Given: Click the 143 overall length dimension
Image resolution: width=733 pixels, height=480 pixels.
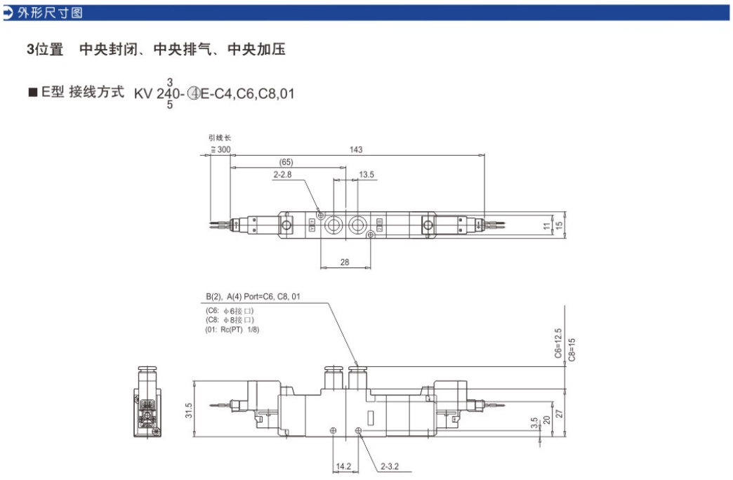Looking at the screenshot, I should [x=357, y=149].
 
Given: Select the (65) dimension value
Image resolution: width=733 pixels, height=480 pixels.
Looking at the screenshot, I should [x=286, y=161].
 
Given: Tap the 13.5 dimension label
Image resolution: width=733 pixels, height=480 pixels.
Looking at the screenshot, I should [x=366, y=173].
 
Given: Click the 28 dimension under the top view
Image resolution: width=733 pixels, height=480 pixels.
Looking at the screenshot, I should [x=344, y=262].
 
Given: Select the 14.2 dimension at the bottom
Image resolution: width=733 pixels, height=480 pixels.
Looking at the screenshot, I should [x=343, y=465].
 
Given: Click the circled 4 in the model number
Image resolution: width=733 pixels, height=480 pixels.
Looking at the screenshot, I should [x=193, y=93].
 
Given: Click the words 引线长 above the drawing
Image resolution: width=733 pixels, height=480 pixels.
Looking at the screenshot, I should [x=219, y=138].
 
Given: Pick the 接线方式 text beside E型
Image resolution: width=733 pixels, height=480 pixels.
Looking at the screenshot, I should [x=96, y=92].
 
